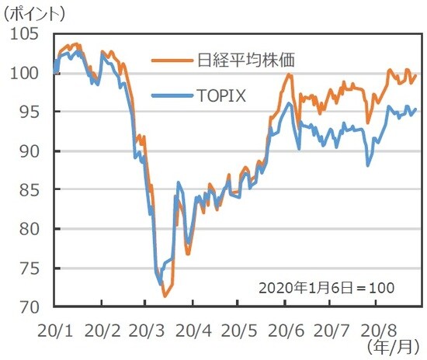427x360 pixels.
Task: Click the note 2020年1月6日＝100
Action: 327,287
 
